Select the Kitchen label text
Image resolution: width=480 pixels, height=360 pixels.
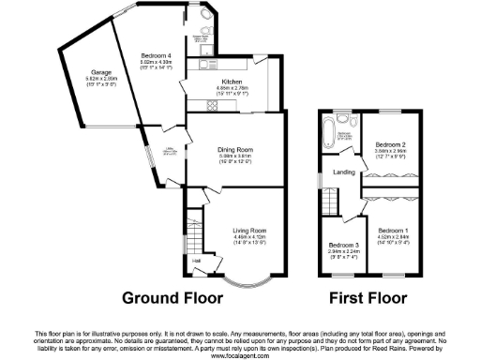tap(221, 82)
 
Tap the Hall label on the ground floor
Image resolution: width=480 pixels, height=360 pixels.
tap(197, 261)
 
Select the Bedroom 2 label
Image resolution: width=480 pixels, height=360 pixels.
tap(389, 143)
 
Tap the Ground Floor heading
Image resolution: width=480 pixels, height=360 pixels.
tap(173, 299)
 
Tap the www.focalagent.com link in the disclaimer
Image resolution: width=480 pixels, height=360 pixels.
tap(240, 355)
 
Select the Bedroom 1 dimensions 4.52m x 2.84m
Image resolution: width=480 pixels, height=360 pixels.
tap(393, 236)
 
